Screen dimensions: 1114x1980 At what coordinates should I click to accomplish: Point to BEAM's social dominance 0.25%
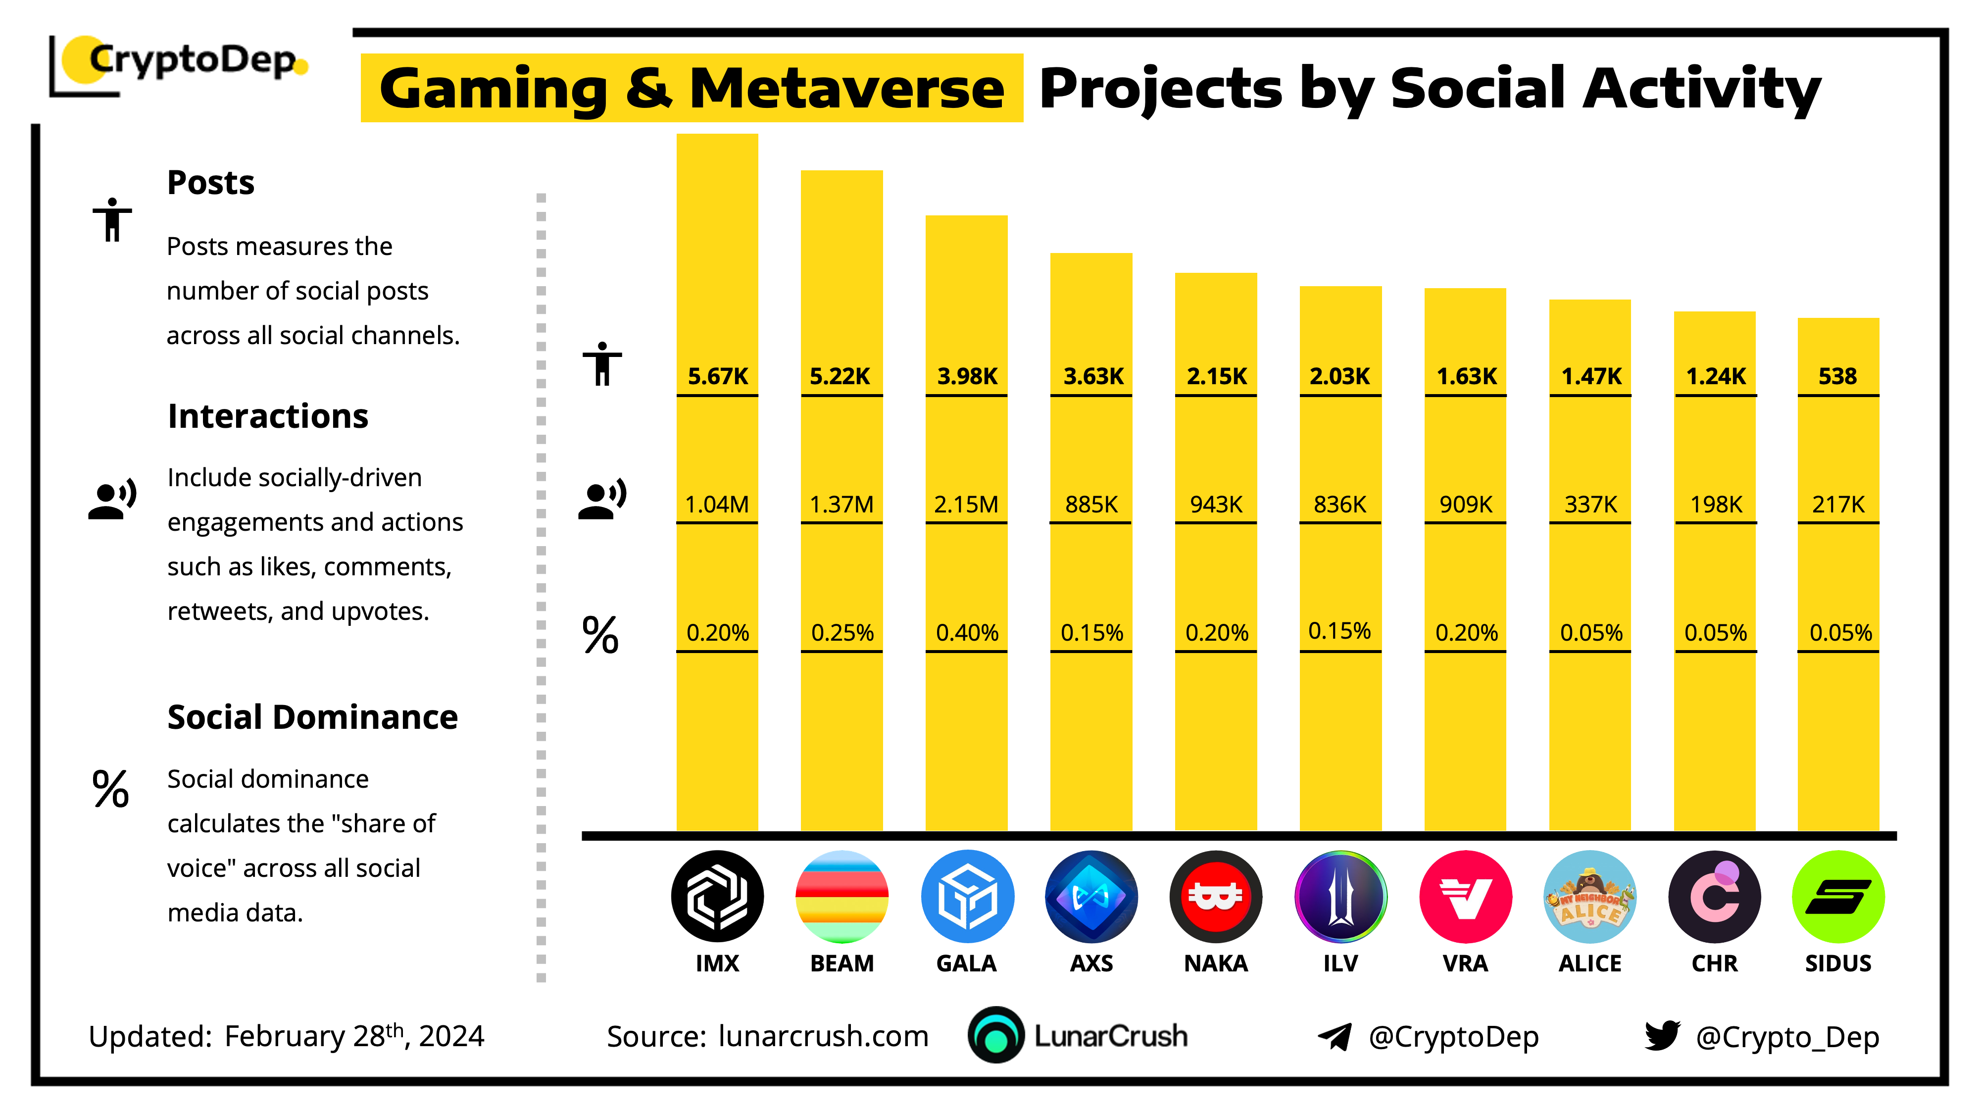click(x=841, y=633)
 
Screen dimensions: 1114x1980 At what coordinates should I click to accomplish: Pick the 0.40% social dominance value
click(x=966, y=633)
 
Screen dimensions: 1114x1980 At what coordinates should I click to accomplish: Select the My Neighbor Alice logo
click(x=1589, y=897)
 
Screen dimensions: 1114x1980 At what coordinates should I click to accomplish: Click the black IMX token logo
click(x=717, y=897)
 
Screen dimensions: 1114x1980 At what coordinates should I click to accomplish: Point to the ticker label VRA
click(x=1465, y=963)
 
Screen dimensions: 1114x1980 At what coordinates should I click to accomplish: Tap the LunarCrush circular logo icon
click(x=995, y=1036)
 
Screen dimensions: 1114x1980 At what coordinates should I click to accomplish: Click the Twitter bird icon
click(x=1662, y=1036)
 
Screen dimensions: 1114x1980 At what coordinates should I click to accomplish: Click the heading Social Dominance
click(x=312, y=717)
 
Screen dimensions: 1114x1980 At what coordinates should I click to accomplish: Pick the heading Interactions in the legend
click(x=267, y=416)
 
